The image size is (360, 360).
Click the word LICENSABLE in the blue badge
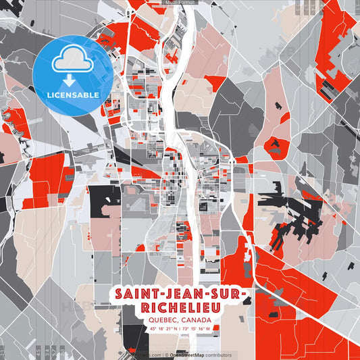pos(73,94)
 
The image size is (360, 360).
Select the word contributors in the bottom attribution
pos(219,355)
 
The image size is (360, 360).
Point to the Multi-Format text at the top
pos(180,3)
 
